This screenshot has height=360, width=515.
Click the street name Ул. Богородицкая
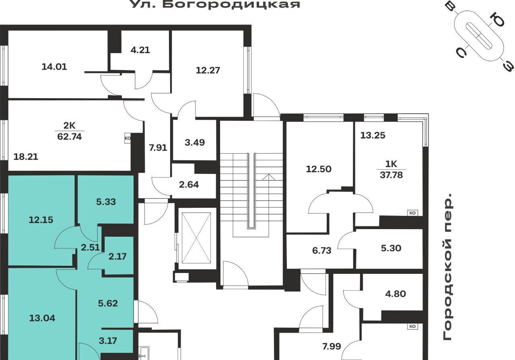[x=215, y=4]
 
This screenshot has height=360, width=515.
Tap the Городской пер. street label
[x=447, y=267]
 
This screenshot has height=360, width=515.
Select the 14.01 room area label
[x=54, y=67]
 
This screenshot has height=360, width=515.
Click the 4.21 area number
[x=140, y=50]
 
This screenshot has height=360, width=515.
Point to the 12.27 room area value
[x=208, y=70]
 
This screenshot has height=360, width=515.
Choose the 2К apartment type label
[x=70, y=126]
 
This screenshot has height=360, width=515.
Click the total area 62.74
[x=70, y=137]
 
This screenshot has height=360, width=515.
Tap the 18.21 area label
[x=26, y=157]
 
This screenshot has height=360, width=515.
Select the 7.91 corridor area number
[x=158, y=147]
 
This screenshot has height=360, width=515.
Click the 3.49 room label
[x=195, y=143]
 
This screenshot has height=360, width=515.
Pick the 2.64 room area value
[x=189, y=184]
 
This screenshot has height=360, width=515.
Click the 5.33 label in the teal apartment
[x=106, y=202]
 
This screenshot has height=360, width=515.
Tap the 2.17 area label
[x=117, y=257]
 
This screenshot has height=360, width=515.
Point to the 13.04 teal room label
[x=42, y=319]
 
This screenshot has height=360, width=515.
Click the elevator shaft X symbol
[x=196, y=238]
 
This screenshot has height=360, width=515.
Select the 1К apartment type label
[x=391, y=164]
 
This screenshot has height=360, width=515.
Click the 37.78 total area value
[x=391, y=175]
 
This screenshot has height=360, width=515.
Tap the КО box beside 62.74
[x=128, y=139]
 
